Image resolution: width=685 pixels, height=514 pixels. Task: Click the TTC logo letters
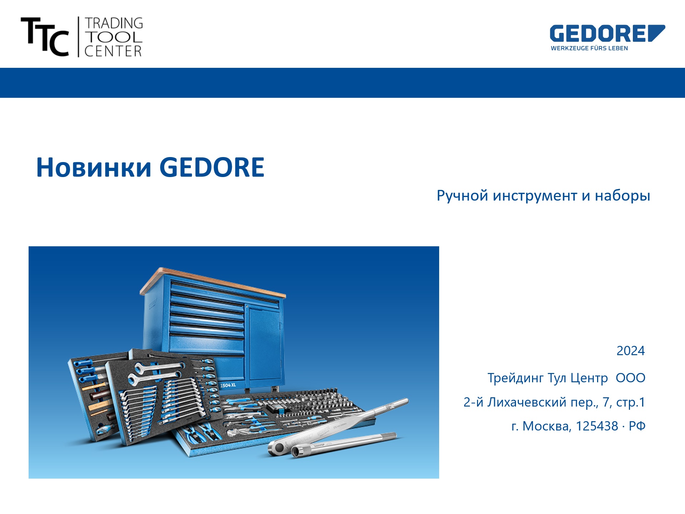click(45, 37)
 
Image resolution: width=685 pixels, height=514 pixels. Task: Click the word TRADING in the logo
click(114, 23)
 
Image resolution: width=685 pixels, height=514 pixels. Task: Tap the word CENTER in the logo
click(113, 51)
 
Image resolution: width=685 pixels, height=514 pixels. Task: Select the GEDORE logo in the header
click(607, 34)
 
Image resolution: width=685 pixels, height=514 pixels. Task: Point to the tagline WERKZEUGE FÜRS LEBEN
click(589, 48)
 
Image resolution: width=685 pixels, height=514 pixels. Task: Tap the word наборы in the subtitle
click(622, 196)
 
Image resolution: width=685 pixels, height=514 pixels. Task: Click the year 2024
click(631, 351)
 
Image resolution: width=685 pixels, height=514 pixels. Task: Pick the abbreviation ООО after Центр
click(630, 378)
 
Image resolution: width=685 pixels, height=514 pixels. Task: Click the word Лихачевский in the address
click(527, 402)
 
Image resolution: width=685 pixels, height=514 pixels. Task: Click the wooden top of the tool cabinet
click(213, 282)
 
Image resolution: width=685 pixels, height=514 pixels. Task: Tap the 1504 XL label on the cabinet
click(228, 385)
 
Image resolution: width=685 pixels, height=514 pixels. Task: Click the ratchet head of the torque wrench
click(277, 446)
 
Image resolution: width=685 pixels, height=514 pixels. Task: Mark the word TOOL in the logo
click(114, 37)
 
